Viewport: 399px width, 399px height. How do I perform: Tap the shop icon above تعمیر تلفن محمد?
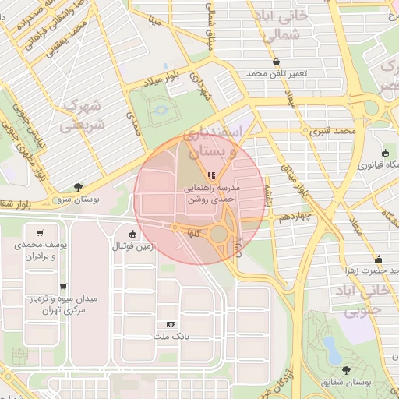tap(277, 62)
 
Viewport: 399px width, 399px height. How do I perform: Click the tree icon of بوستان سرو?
tap(79, 186)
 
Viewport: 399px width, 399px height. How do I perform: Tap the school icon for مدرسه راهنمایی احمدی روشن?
tap(211, 175)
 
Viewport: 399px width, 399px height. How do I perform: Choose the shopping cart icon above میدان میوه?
tap(62, 287)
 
